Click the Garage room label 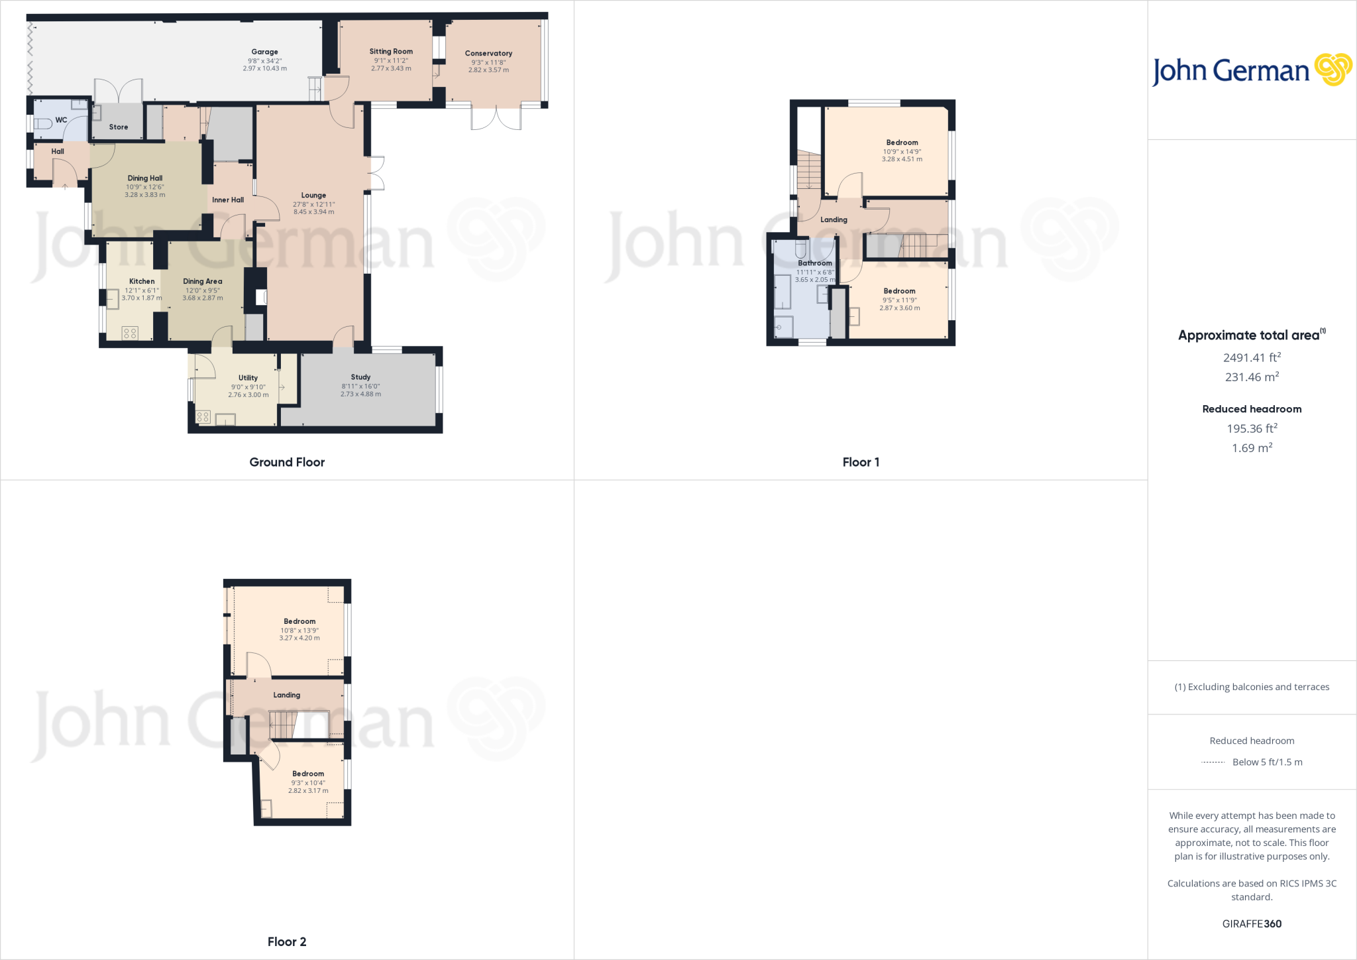pos(264,52)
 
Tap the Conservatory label pos(488,54)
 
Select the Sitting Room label pos(391,52)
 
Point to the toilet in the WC pos(42,123)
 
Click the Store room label pos(119,127)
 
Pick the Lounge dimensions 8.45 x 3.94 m pos(314,212)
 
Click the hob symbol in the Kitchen pos(130,333)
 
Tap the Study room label pos(360,377)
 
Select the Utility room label pos(248,378)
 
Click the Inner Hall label pos(228,200)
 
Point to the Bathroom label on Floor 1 pos(814,263)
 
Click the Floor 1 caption pos(861,462)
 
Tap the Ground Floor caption pos(287,462)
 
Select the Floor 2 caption pos(287,941)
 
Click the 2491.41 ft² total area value pos(1252,358)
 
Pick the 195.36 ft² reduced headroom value pos(1252,429)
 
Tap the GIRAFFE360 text pos(1252,924)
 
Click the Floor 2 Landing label pos(286,695)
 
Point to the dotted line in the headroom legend pos(1213,762)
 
